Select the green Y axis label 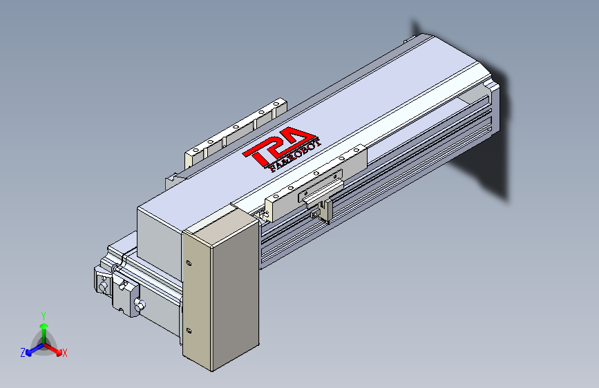point(43,314)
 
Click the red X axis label point(64,353)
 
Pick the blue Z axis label point(23,352)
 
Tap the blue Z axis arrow point(31,350)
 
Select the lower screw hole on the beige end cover point(189,329)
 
